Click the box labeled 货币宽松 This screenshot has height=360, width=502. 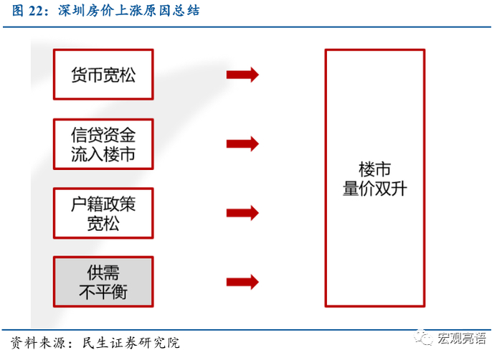pyautogui.click(x=103, y=75)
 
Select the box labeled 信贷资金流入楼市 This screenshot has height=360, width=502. pyautogui.click(x=103, y=144)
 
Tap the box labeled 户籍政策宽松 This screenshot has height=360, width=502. pyautogui.click(x=103, y=213)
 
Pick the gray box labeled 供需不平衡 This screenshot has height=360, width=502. pyautogui.click(x=103, y=282)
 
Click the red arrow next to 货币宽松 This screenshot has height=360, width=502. pyautogui.click(x=242, y=75)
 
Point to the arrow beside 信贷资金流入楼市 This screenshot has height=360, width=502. pyautogui.click(x=242, y=143)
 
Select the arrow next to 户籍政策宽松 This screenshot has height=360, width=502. pyautogui.click(x=242, y=213)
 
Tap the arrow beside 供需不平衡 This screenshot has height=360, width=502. pyautogui.click(x=242, y=282)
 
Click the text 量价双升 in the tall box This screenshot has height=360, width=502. pyautogui.click(x=374, y=189)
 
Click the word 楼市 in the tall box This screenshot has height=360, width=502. pyautogui.click(x=374, y=170)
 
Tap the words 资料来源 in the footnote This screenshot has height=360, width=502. pyautogui.click(x=37, y=343)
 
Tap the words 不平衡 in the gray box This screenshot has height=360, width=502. pyautogui.click(x=103, y=292)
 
